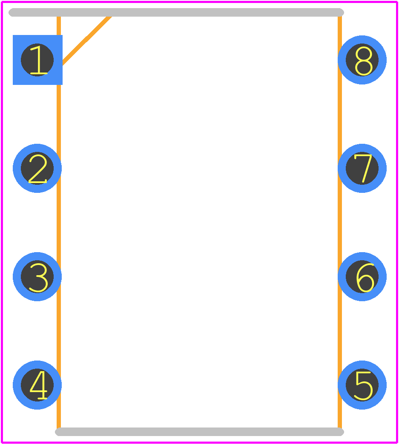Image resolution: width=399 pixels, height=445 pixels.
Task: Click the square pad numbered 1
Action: point(37,60)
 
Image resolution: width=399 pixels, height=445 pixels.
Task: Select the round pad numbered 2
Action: point(37,168)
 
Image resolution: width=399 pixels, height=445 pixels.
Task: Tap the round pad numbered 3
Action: point(37,277)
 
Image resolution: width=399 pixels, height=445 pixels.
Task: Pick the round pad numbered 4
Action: point(37,385)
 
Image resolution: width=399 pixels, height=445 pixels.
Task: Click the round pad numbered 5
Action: point(362,385)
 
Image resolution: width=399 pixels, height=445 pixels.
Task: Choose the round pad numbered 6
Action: point(362,277)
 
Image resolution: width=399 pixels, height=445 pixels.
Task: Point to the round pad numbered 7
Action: point(362,168)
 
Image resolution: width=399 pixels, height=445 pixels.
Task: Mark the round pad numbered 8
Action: point(362,60)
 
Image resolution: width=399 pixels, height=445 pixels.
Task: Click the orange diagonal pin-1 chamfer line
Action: point(86,41)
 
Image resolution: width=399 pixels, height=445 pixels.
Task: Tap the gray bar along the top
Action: point(176,12)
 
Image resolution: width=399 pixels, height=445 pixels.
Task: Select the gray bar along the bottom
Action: point(199,432)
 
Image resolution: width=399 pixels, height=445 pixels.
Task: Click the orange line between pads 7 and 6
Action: point(340,223)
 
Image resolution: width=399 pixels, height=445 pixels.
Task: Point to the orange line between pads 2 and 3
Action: point(59,223)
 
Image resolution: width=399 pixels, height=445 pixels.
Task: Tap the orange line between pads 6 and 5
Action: point(340,331)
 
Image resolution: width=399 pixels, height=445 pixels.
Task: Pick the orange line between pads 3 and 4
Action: point(59,331)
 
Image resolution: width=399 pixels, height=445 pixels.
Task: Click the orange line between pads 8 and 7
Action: point(340,114)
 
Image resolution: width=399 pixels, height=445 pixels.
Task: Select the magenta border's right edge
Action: point(397,223)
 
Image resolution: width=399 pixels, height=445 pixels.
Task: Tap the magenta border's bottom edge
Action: point(199,442)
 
